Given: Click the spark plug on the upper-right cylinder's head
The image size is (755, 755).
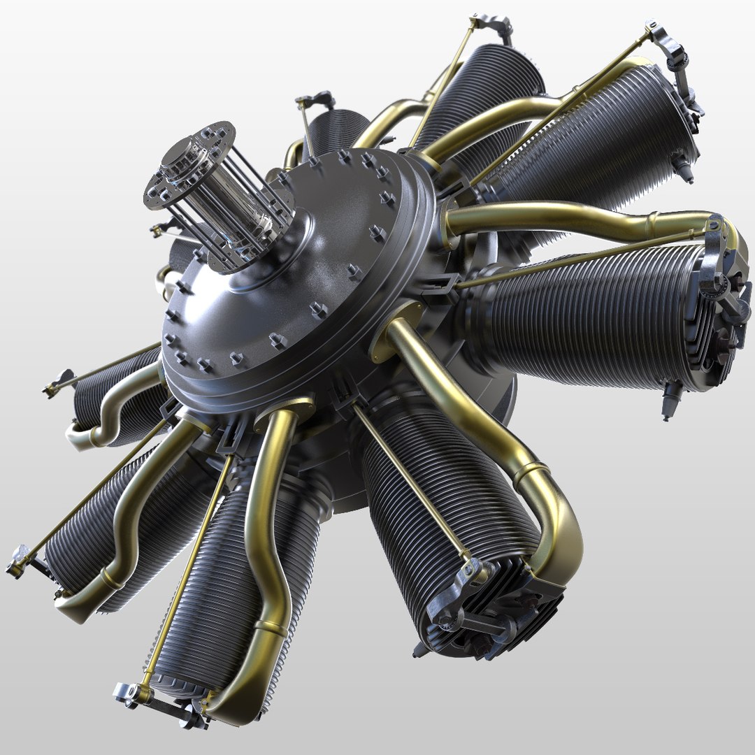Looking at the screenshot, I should point(682,168).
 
